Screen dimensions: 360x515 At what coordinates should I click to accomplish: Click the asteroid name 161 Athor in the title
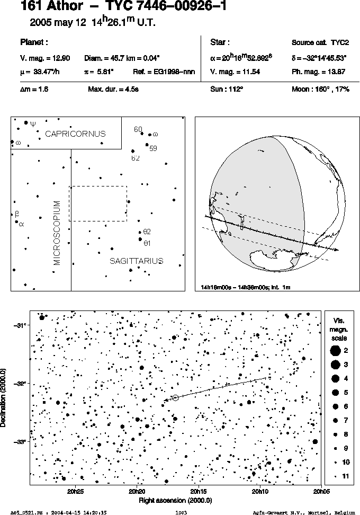point(52,6)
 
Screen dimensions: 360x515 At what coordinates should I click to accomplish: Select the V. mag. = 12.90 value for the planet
point(45,58)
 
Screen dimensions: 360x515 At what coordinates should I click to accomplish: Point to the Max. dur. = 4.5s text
point(113,89)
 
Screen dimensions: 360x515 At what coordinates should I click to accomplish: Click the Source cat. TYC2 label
point(320,42)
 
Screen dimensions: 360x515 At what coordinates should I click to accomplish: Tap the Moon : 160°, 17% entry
point(321,89)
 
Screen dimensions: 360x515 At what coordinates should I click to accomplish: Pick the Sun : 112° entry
point(227,89)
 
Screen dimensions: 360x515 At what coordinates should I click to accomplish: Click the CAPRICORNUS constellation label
point(76,134)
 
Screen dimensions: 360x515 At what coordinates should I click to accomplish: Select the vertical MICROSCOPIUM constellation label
point(57,233)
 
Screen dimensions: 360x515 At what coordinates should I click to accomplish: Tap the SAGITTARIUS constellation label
point(136,261)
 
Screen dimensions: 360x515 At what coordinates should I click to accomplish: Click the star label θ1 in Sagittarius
point(147,243)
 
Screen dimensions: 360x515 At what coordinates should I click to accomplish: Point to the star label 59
point(153,148)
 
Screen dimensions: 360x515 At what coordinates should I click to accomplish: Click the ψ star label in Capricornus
point(33,124)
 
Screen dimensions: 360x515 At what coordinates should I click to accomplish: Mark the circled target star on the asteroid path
point(175,398)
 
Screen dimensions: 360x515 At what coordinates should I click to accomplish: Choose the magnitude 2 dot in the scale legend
point(335,350)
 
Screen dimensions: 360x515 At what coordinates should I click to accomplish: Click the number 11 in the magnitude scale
point(346,476)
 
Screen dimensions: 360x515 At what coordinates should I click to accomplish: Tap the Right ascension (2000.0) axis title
point(175,501)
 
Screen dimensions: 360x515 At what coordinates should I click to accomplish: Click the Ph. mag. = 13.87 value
point(318,72)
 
